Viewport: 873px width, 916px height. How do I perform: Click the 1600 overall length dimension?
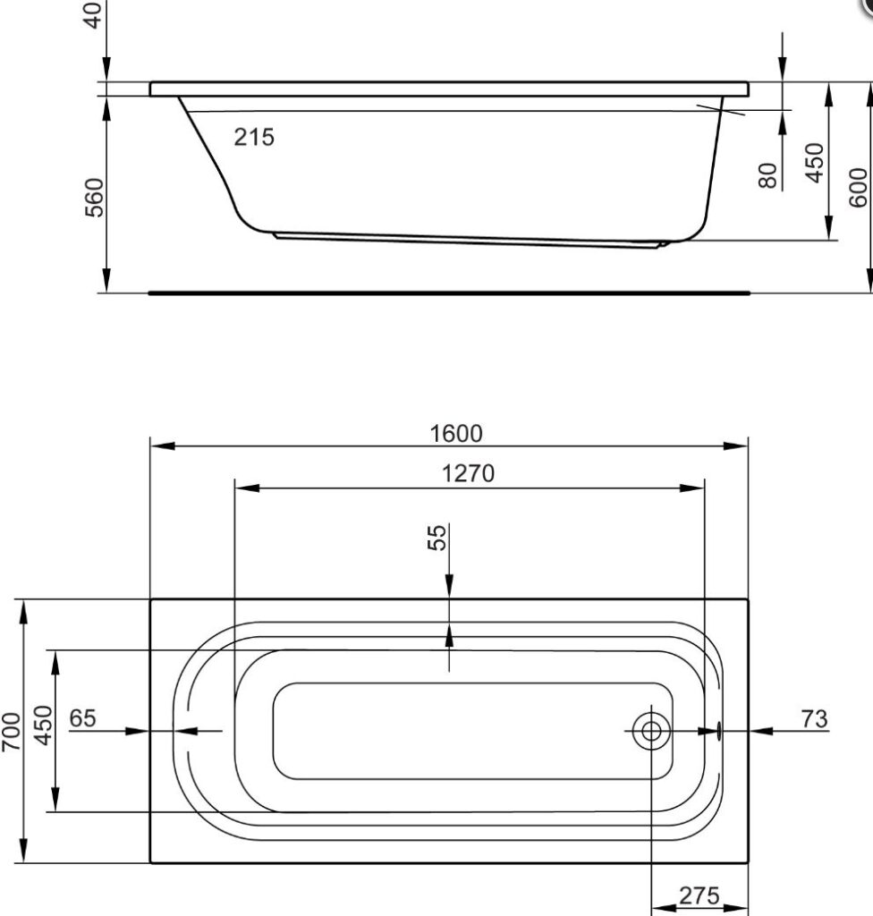pos(455,434)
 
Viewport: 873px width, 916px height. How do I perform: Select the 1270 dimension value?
pos(468,473)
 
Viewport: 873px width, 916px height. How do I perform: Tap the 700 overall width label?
pos(12,732)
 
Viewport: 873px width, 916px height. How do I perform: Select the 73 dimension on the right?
pos(815,717)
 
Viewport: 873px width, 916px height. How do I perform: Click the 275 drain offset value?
pos(700,895)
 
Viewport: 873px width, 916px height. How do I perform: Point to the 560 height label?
pos(94,197)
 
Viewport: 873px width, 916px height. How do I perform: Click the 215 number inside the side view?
pos(254,138)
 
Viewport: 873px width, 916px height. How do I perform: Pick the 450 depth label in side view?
pos(814,162)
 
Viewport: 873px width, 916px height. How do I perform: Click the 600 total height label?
pos(859,187)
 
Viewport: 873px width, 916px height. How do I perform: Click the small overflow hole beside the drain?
pos(717,732)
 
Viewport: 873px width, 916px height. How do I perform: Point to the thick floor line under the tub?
pos(447,292)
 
